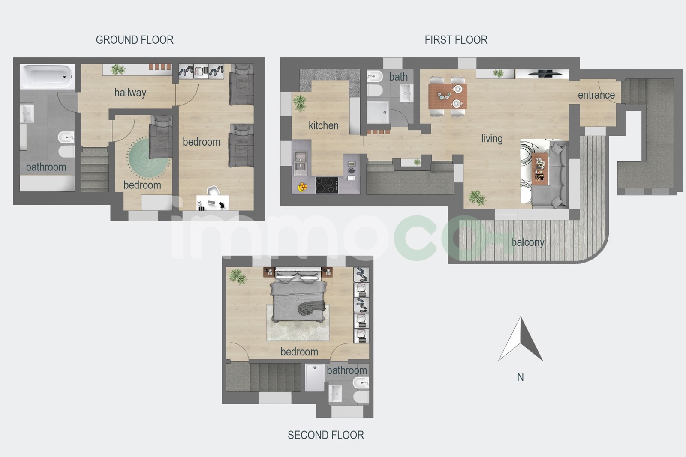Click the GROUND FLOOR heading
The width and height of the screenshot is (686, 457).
coord(135,40)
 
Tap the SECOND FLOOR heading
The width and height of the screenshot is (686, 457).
coord(325,435)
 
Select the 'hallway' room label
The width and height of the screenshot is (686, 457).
coord(130,93)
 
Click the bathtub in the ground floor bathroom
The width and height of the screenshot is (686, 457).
coord(47,77)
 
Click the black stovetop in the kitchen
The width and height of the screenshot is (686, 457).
coord(327,185)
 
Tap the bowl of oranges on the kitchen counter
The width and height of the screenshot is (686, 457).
coord(302,187)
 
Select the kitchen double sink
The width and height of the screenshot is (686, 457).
coord(300,163)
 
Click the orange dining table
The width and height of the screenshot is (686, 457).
coord(448,96)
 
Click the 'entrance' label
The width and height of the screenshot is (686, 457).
coord(596,95)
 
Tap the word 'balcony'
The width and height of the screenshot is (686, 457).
coord(528,242)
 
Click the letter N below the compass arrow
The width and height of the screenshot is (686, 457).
coord(521,377)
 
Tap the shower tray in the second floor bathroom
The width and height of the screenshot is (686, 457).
coord(315,377)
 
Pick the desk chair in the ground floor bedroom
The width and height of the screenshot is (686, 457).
coord(213,191)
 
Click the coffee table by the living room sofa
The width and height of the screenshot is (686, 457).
coord(539,169)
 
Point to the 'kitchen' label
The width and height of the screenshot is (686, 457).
coord(323,126)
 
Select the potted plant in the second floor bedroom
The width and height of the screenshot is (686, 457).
coord(238,277)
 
